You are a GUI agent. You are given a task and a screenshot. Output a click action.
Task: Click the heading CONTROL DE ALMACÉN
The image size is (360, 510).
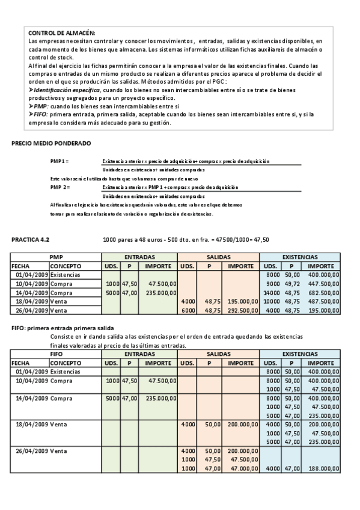(x=62, y=32)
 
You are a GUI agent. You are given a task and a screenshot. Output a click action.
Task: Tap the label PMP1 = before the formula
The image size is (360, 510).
(x=59, y=162)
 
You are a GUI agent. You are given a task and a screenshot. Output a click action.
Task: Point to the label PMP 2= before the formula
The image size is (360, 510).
(x=60, y=188)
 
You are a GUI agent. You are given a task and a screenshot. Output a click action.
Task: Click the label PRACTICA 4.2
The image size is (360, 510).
(x=31, y=239)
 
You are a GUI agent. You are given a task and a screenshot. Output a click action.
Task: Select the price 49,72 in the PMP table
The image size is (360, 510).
(x=292, y=283)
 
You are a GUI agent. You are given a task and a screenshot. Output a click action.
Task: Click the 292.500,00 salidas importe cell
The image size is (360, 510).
(x=241, y=310)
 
